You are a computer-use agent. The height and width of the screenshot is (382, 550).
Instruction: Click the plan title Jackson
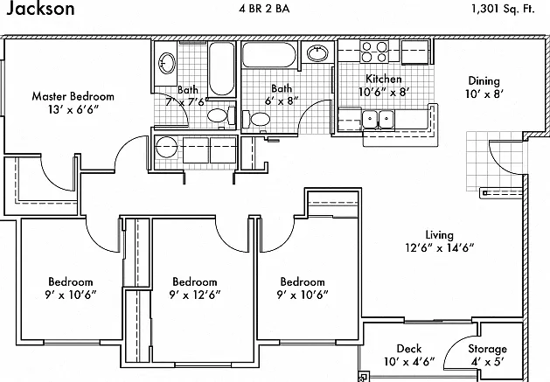[x=40, y=8]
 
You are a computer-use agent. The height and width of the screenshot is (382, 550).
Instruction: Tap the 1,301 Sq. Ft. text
[x=503, y=9]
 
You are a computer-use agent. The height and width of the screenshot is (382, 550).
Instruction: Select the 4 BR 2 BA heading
[x=264, y=9]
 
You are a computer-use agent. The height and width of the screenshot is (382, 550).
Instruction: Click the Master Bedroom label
[x=73, y=96]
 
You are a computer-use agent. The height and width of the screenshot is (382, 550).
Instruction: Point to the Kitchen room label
[x=383, y=79]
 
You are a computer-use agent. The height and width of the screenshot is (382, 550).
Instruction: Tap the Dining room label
[x=484, y=81]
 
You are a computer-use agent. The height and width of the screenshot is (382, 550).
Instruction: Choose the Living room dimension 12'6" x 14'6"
[x=440, y=248]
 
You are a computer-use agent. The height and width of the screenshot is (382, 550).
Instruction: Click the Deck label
[x=409, y=348]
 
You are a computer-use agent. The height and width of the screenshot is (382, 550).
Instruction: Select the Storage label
[x=487, y=349]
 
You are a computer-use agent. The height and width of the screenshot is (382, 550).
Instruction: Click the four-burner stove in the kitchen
[x=374, y=52]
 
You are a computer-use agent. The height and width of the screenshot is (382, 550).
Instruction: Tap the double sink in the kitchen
[x=378, y=119]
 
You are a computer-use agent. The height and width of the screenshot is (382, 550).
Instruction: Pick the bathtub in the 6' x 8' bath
[x=269, y=54]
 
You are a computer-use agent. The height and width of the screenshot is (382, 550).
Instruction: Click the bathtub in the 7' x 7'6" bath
[x=221, y=69]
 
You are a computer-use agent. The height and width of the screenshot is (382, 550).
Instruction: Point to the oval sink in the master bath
[x=167, y=63]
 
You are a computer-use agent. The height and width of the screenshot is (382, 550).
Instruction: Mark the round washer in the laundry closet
[x=167, y=147]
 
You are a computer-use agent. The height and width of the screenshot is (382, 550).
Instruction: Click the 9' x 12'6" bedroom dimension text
[x=195, y=295]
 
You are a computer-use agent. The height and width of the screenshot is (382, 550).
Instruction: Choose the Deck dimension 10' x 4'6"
[x=409, y=361]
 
